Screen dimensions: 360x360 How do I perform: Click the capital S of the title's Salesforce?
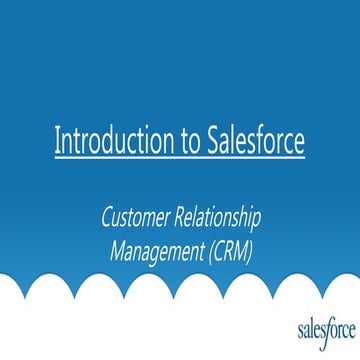(211, 139)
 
